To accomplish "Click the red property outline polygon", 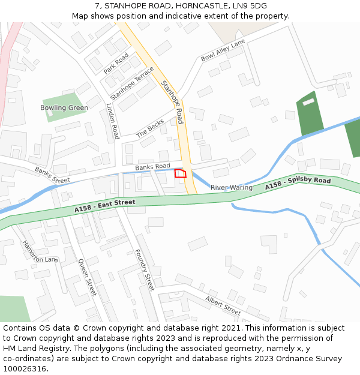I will point(180,173).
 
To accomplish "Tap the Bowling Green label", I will point(64,108).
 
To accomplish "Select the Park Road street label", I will point(116,63).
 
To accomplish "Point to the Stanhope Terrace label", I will point(132,83).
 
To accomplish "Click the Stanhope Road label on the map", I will point(172,103).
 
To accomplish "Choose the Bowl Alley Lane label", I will point(223,50).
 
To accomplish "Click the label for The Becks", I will point(150,128).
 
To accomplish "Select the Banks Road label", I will point(152,166).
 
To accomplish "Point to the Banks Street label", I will point(52,175).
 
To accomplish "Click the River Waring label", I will point(232,188).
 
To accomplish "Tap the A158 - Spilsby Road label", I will point(298,184).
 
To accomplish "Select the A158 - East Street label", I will point(105,206).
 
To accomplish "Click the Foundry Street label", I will point(145,269).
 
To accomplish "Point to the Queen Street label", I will point(87,277).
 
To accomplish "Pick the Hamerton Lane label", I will point(40,251).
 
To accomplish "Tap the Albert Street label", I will point(223,305).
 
